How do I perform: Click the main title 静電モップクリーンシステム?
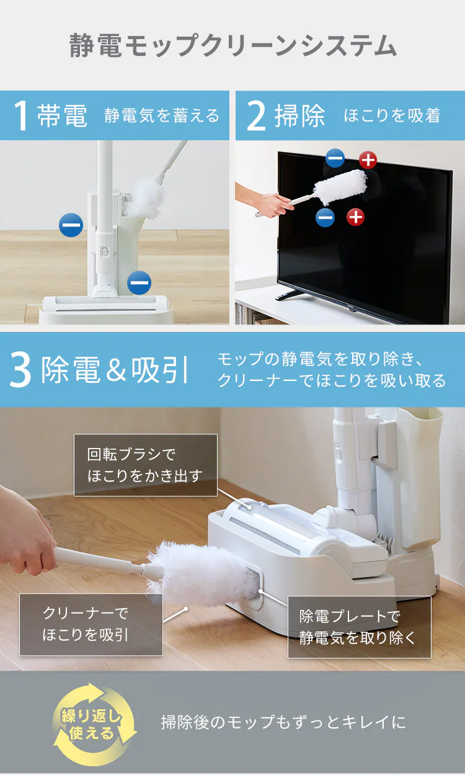[232, 45]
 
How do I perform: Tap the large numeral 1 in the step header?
[20, 115]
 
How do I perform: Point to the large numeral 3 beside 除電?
[20, 370]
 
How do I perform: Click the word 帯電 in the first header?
[62, 115]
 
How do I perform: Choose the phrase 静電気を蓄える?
[162, 115]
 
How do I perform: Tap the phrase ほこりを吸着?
[392, 115]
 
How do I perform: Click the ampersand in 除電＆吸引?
[116, 370]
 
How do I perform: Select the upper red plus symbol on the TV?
[368, 160]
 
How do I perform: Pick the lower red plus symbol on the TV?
[355, 217]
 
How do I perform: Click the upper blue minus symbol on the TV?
[335, 158]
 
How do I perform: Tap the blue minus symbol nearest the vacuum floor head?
[139, 282]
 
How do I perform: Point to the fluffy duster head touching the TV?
[340, 187]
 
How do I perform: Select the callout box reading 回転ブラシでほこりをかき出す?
[146, 465]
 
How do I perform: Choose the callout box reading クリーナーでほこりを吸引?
[91, 624]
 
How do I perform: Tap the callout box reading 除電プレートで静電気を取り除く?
[360, 627]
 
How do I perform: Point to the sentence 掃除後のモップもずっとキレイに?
[283, 722]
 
